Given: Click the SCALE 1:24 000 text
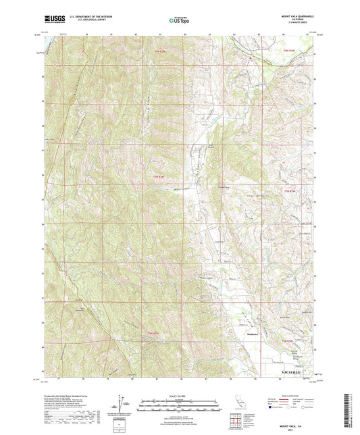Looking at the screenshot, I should coord(180,396).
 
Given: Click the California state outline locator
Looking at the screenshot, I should coord(240,403).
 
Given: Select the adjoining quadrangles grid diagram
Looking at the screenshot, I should coord(237,422).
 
